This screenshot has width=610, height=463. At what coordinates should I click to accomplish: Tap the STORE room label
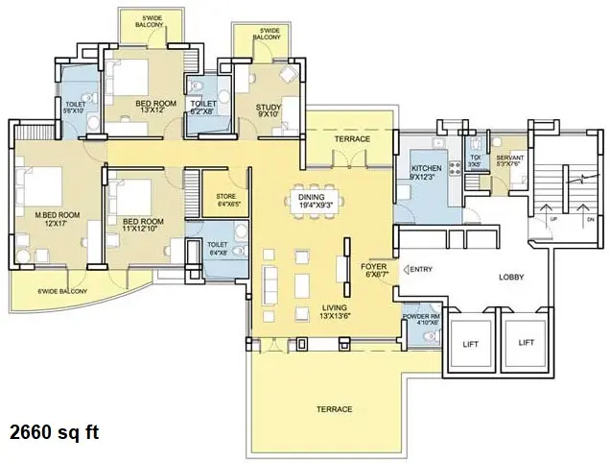tap(226, 199)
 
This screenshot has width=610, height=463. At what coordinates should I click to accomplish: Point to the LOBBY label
tap(511, 277)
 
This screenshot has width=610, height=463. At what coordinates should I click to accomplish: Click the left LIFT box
tap(469, 342)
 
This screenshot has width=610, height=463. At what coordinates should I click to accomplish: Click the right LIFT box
tap(525, 342)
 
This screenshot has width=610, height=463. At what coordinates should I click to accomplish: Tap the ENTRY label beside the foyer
tap(420, 269)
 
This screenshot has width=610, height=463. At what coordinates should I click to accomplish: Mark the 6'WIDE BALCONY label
tap(62, 291)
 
